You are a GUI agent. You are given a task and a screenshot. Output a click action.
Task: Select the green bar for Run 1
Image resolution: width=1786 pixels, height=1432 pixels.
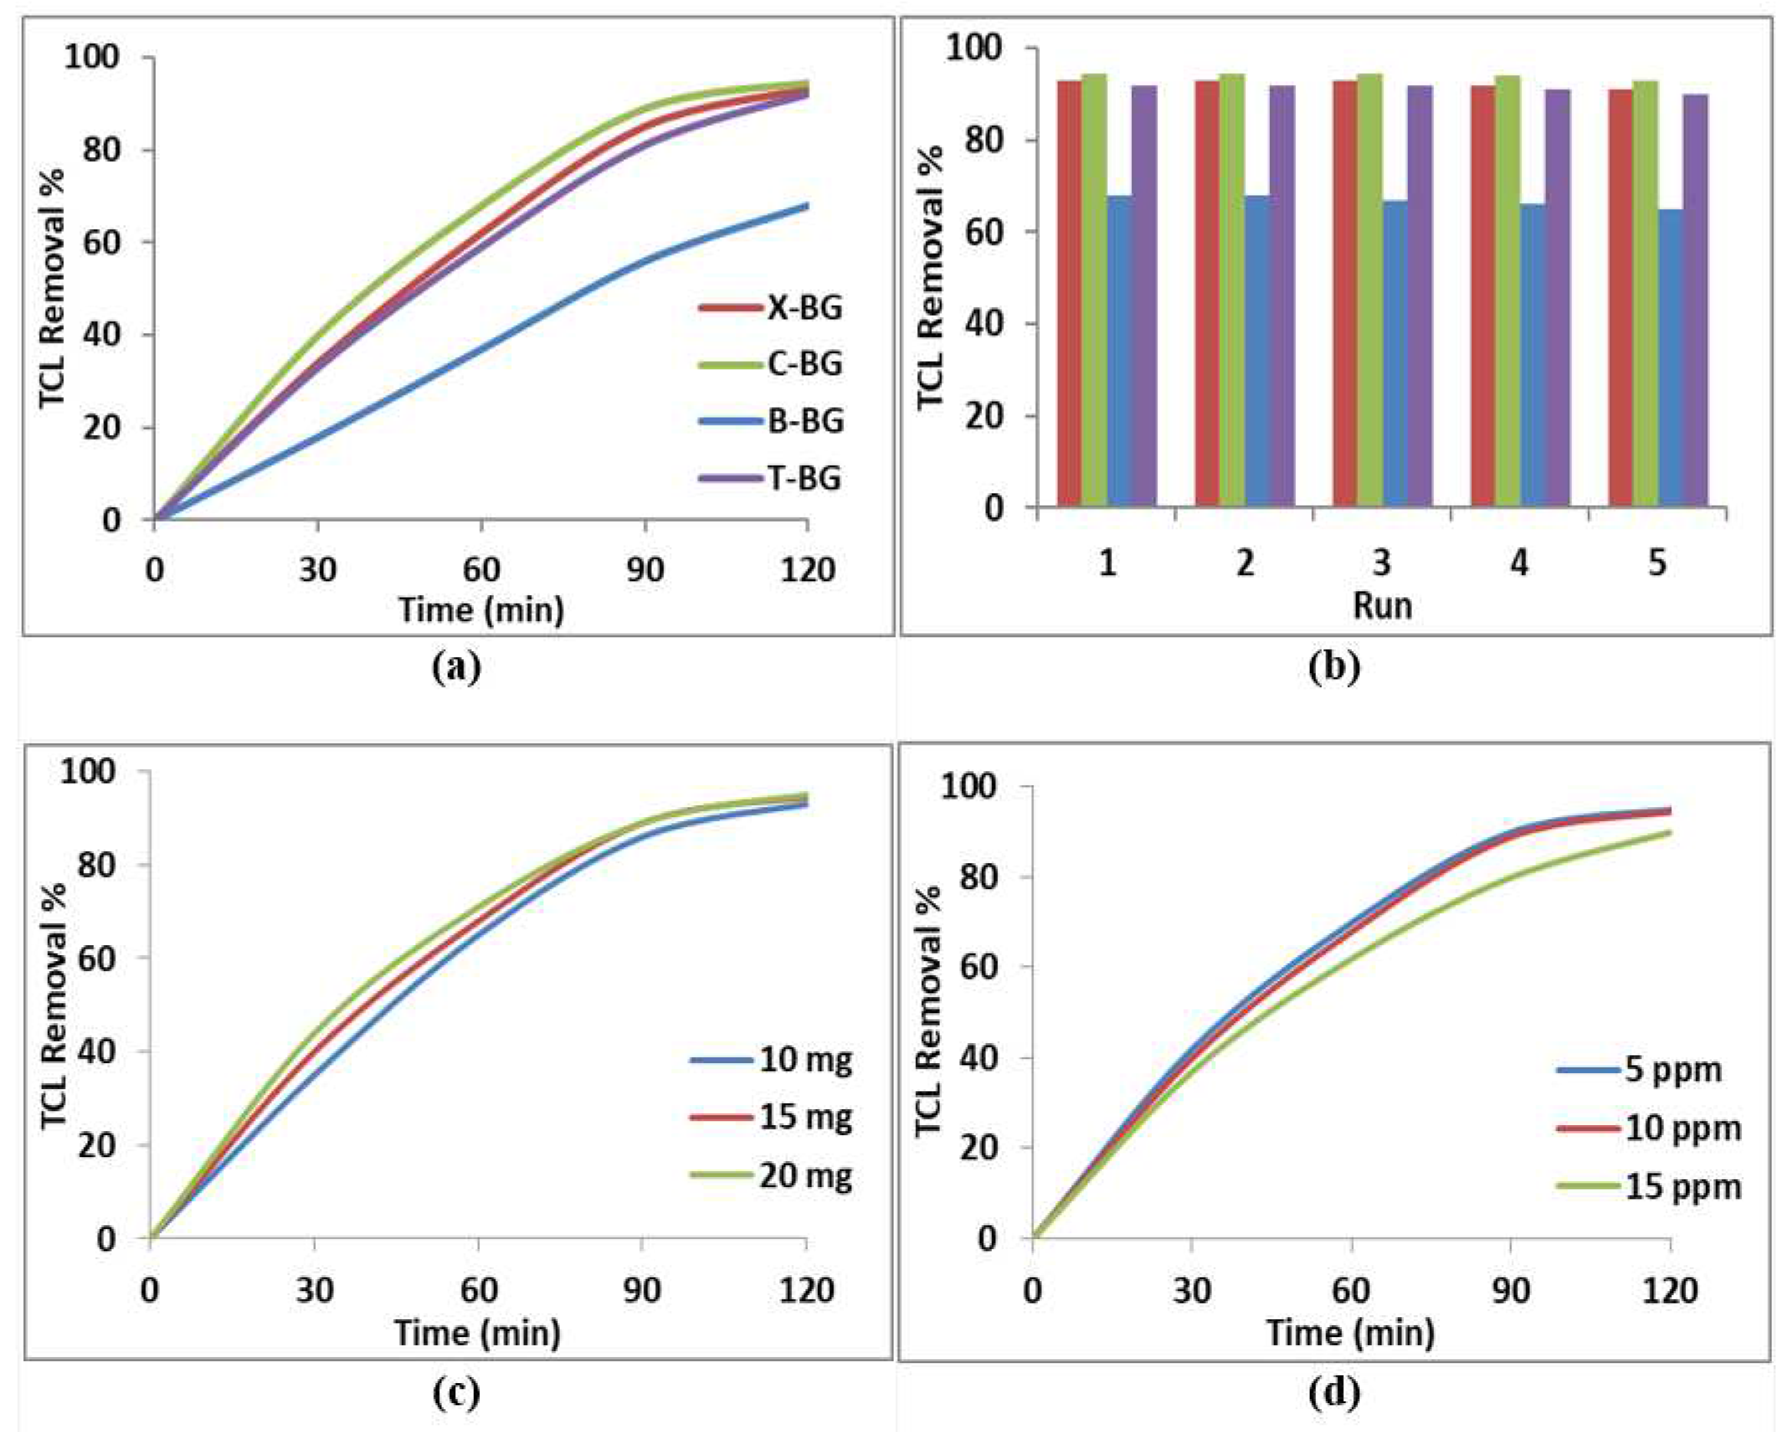[x=1094, y=290]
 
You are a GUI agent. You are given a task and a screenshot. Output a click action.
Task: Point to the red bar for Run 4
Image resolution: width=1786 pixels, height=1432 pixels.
[x=1483, y=296]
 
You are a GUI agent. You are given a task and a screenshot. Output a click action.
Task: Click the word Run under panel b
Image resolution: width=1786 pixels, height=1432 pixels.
[x=1382, y=605]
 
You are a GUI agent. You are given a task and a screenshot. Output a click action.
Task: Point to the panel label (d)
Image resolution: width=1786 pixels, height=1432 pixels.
[x=1334, y=1393]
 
